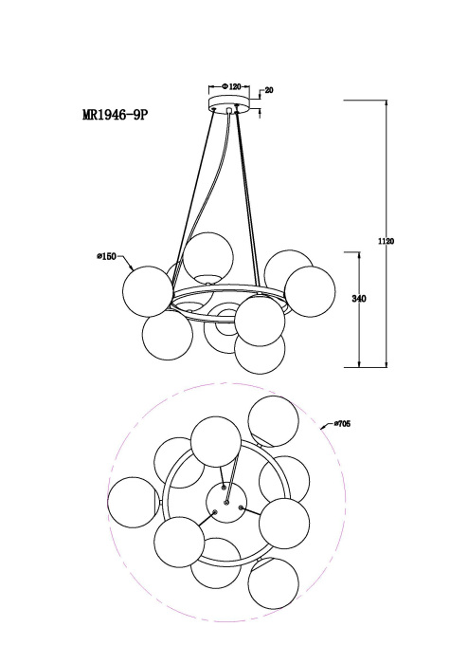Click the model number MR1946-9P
click(116, 115)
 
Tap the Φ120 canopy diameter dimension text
click(232, 87)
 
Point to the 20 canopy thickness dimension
click(269, 90)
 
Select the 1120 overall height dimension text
click(386, 241)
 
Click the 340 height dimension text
click(359, 299)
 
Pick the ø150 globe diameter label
click(106, 256)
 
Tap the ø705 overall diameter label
click(342, 423)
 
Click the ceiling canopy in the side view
click(229, 104)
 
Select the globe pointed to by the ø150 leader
click(148, 291)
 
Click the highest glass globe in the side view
click(208, 257)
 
